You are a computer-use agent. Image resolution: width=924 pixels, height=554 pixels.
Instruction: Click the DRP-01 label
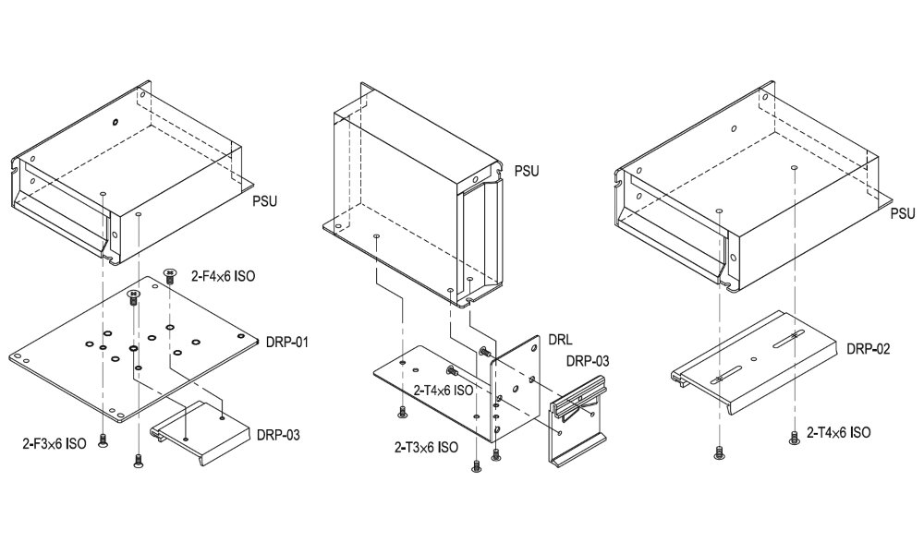click(286, 343)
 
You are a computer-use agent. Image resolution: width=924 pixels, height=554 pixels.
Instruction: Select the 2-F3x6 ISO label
click(55, 443)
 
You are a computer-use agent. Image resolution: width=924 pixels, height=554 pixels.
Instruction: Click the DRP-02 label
click(868, 349)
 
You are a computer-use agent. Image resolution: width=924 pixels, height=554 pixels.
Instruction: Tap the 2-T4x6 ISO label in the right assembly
click(837, 431)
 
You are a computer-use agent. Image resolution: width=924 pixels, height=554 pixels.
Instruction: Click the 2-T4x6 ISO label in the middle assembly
click(444, 391)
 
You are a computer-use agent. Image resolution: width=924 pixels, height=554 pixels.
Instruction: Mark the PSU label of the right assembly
click(902, 213)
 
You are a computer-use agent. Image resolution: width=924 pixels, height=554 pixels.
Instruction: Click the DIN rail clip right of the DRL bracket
click(577, 424)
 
